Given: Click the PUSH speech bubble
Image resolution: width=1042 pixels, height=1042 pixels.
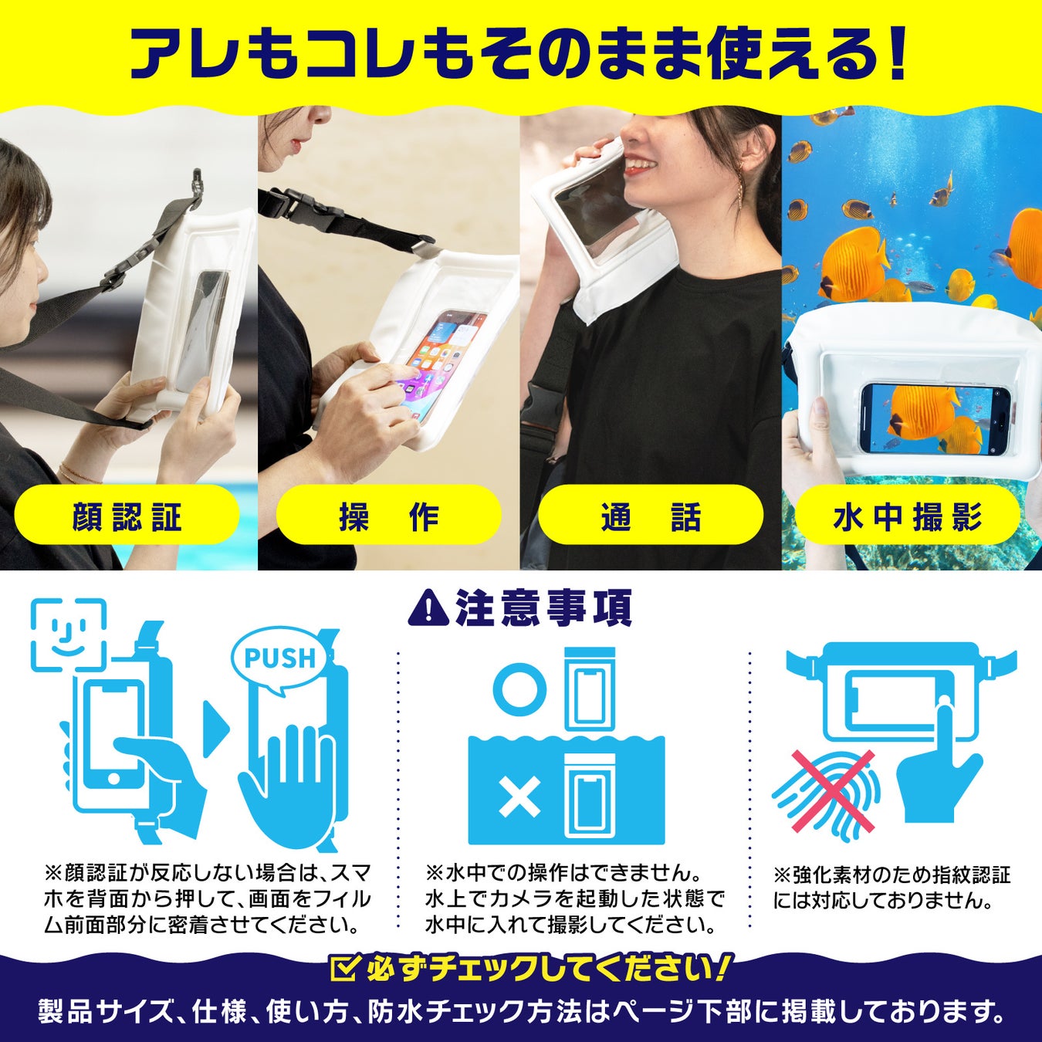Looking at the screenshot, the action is click(279, 658).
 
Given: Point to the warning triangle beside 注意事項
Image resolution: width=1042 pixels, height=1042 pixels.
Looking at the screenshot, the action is click(428, 608).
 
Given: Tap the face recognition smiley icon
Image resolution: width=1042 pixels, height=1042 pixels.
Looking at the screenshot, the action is click(69, 634).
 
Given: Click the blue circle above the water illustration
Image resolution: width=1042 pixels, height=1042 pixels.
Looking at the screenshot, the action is click(519, 690).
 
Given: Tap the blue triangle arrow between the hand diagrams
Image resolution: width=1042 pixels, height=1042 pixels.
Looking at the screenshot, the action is click(216, 729).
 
